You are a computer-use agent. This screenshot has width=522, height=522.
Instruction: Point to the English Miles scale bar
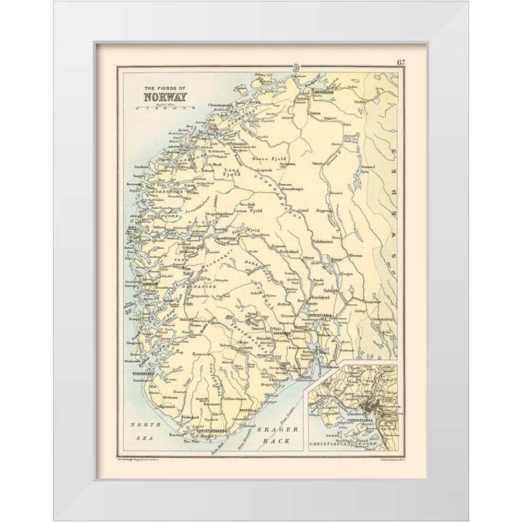tap(165, 109)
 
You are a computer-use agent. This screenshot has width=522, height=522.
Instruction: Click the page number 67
tap(400, 63)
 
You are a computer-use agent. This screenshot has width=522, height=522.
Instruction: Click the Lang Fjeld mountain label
tap(231, 173)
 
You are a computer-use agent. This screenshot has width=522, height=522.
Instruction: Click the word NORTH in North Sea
tap(141, 424)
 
